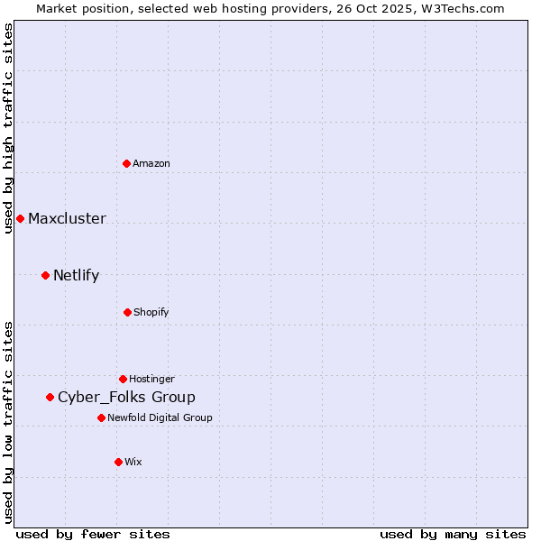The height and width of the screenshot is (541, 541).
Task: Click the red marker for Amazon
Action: [x=127, y=163]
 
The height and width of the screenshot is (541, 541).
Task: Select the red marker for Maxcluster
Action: [x=20, y=218]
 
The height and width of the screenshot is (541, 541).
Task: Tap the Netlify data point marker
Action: [x=45, y=275]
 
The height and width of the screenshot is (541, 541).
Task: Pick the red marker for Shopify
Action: [x=127, y=312]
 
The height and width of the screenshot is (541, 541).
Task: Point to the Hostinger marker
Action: [x=123, y=379]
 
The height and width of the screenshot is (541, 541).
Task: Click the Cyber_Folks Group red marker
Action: [x=50, y=397]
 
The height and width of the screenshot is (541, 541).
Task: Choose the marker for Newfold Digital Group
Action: [x=101, y=417]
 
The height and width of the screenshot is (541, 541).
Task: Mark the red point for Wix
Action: [x=118, y=462]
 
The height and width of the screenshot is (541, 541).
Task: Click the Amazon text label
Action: [x=151, y=163]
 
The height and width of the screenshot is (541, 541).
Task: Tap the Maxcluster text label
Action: [x=67, y=218]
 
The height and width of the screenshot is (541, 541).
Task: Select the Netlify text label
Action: [x=76, y=275]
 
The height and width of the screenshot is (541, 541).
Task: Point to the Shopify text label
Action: [x=151, y=312]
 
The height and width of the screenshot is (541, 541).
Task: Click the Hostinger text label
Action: [x=151, y=379]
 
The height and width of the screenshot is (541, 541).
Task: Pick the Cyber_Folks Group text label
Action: [x=126, y=397]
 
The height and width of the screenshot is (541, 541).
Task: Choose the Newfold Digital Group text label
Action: [x=160, y=417]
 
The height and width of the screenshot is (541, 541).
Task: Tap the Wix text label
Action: [x=133, y=462]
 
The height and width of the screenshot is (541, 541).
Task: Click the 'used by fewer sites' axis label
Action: [x=93, y=534]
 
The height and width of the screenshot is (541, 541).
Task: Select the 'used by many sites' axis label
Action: [x=453, y=534]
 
